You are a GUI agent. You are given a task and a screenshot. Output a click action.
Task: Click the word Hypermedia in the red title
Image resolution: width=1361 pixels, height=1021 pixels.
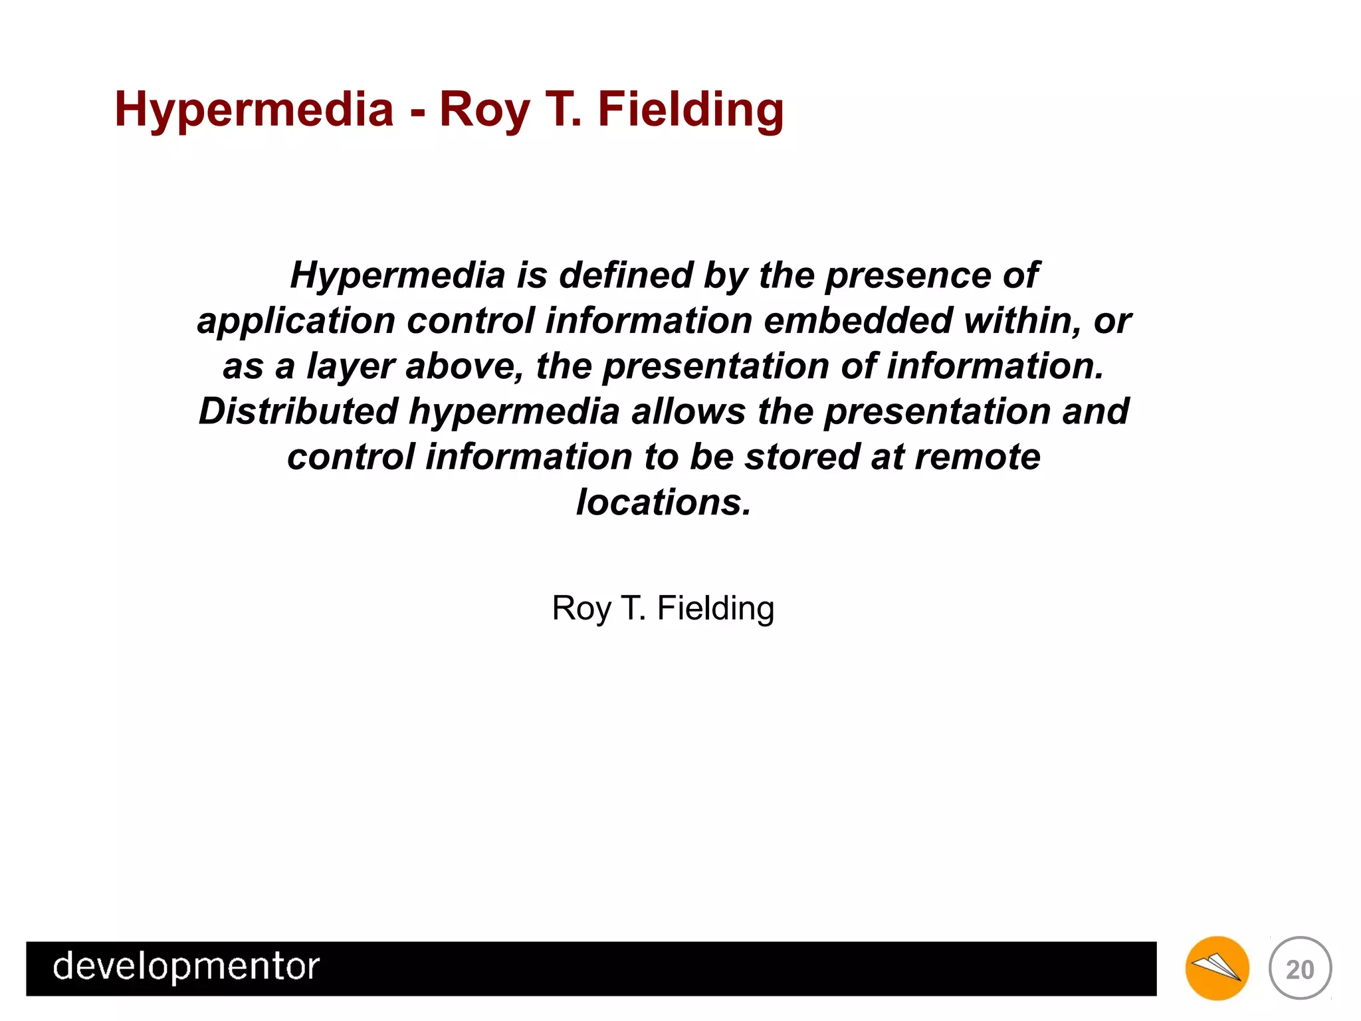[x=254, y=110]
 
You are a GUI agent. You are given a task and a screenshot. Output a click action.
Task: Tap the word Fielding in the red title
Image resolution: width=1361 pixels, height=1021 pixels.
[x=690, y=110]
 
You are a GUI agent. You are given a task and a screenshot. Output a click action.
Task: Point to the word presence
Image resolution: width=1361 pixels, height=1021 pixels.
[x=907, y=275]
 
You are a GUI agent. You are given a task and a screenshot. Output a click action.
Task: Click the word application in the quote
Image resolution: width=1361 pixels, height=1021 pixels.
[x=296, y=320]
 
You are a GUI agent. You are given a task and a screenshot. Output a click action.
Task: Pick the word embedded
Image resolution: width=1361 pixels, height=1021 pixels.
[x=858, y=320]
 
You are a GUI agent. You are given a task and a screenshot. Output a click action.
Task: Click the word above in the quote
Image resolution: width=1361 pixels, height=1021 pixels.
[x=465, y=366]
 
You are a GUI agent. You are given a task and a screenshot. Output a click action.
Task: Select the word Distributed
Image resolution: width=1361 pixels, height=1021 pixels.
[x=298, y=411]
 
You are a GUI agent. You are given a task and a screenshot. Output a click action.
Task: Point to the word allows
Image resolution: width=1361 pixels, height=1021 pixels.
[x=688, y=411]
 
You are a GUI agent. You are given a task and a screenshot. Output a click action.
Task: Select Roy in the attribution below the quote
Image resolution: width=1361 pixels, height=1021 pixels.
[x=581, y=608]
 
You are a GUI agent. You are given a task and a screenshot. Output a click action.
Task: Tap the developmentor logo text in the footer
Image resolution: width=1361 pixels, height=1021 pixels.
[x=186, y=966]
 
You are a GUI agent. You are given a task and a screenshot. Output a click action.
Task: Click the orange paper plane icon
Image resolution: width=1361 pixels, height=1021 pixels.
[x=1217, y=968]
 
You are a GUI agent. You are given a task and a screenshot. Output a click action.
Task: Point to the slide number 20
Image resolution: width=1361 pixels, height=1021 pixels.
[x=1300, y=969]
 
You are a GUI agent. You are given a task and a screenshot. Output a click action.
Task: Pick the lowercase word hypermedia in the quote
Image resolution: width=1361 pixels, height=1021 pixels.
[x=514, y=411]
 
